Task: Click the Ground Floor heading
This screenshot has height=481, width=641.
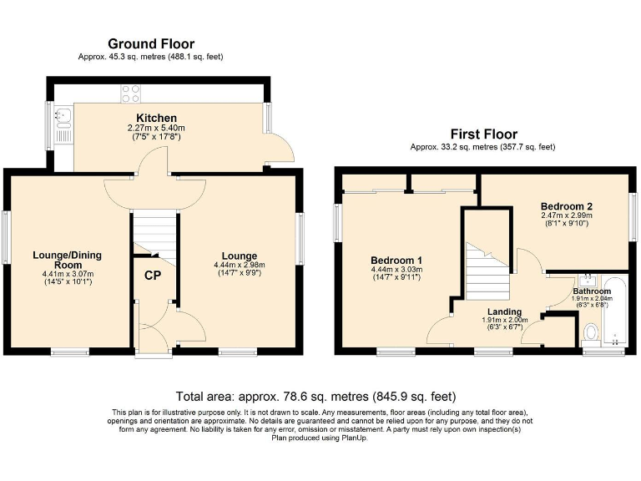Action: point(151,43)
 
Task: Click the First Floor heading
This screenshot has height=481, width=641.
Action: point(483,134)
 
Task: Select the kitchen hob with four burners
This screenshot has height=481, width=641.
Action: point(131,94)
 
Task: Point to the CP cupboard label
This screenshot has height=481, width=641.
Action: point(152,276)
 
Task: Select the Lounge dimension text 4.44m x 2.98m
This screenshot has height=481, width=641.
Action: point(239,266)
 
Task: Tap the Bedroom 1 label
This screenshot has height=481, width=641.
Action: point(396,259)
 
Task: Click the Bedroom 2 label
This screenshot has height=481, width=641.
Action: point(567,205)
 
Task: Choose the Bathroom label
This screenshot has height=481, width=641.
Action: point(591,291)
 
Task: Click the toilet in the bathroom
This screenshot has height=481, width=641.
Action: point(592,333)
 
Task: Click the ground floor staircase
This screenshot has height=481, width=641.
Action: point(156,233)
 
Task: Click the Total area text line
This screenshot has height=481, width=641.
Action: point(315,396)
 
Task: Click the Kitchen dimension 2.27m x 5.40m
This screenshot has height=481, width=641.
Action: point(156,128)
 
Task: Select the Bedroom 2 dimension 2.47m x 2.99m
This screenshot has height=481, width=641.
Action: point(567,215)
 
